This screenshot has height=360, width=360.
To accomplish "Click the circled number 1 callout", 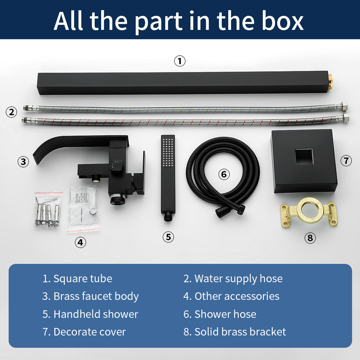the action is pyautogui.click(x=180, y=61).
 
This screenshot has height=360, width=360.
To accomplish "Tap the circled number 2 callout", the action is pyautogui.click(x=11, y=112).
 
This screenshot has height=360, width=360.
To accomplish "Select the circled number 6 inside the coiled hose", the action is pyautogui.click(x=224, y=174).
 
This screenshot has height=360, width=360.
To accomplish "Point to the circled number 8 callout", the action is pyautogui.click(x=310, y=238).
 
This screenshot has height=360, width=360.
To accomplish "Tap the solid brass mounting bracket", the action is pyautogui.click(x=309, y=213).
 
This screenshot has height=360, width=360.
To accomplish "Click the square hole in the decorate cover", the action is pyautogui.click(x=304, y=157).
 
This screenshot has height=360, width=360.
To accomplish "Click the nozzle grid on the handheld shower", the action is pyautogui.click(x=168, y=152).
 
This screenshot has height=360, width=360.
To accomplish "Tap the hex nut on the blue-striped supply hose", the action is pyautogui.click(x=344, y=106).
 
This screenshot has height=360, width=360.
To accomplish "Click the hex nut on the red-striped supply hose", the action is pyautogui.click(x=345, y=118).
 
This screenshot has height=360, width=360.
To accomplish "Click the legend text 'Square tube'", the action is pyautogui.click(x=83, y=279).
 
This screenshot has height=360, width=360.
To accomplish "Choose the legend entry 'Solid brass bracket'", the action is pyautogui.click(x=240, y=332).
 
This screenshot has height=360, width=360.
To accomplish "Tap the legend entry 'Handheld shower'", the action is pyautogui.click(x=96, y=314).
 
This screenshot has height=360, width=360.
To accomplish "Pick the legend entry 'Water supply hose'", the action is pyautogui.click(x=239, y=279).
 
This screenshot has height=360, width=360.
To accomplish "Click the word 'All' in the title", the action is pyautogui.click(x=68, y=21).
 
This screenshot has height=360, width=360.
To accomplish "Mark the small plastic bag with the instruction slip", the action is pyautogui.click(x=84, y=208).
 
